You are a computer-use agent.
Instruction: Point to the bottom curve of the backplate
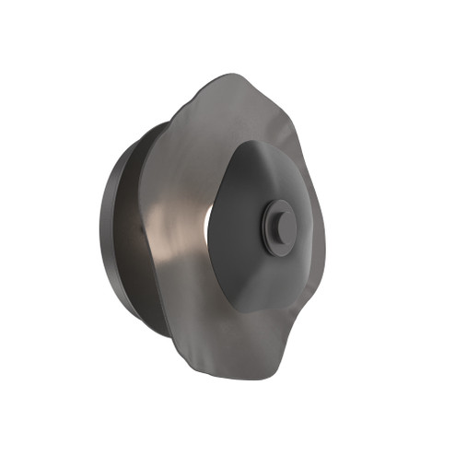[138, 318]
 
